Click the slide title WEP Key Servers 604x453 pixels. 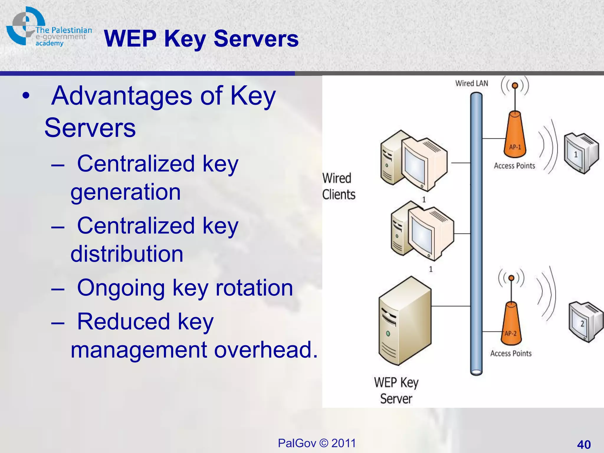(201, 39)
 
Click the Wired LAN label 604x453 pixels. (471, 83)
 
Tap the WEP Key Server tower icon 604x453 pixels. (405, 321)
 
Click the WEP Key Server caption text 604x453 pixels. (396, 390)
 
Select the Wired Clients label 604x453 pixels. (338, 186)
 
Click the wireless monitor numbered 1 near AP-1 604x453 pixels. (580, 153)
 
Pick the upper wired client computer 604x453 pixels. (413, 161)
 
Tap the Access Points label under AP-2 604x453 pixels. (511, 353)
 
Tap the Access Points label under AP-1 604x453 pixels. (514, 166)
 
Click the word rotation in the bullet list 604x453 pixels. (254, 288)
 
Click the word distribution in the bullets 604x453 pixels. (127, 254)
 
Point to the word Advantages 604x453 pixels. (122, 96)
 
